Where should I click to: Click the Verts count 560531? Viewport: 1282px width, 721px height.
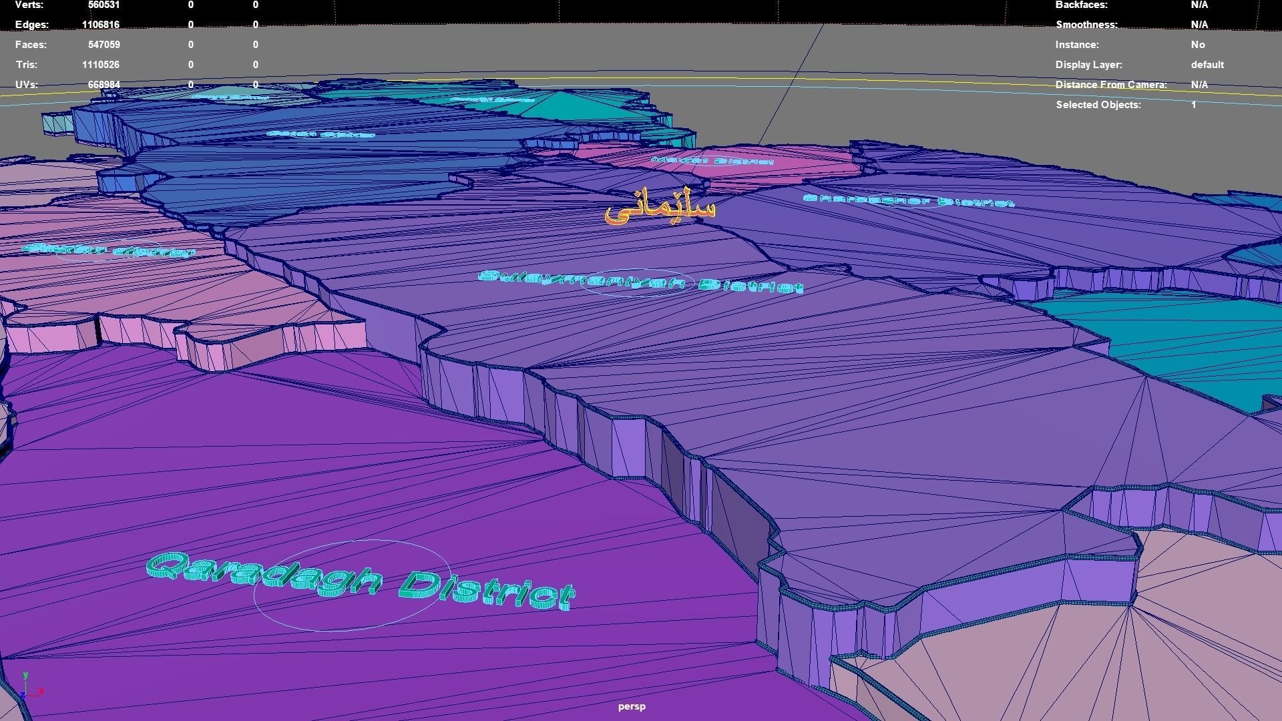tap(103, 5)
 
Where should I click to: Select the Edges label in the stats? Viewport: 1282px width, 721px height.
tap(31, 25)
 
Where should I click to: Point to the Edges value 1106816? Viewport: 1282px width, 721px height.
tap(101, 25)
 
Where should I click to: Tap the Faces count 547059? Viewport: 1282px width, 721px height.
tap(103, 45)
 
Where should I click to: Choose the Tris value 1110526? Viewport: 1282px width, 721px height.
tap(101, 65)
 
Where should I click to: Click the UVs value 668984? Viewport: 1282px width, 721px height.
tap(103, 85)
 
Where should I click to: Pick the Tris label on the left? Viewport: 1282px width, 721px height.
tap(26, 65)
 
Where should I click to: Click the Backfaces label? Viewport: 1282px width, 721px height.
tap(1081, 5)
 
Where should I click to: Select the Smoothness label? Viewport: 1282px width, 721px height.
tap(1086, 25)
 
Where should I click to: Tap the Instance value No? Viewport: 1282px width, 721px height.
tap(1198, 45)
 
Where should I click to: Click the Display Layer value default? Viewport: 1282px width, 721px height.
tap(1207, 65)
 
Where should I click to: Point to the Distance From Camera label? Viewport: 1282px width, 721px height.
tap(1111, 85)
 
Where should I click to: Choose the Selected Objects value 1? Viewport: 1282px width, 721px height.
tap(1194, 105)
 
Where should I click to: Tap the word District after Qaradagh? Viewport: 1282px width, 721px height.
tap(487, 590)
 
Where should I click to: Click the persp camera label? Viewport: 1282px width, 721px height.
tap(632, 706)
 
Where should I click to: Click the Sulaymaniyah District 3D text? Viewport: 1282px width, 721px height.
tap(641, 282)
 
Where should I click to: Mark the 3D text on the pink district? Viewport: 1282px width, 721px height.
tap(712, 161)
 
